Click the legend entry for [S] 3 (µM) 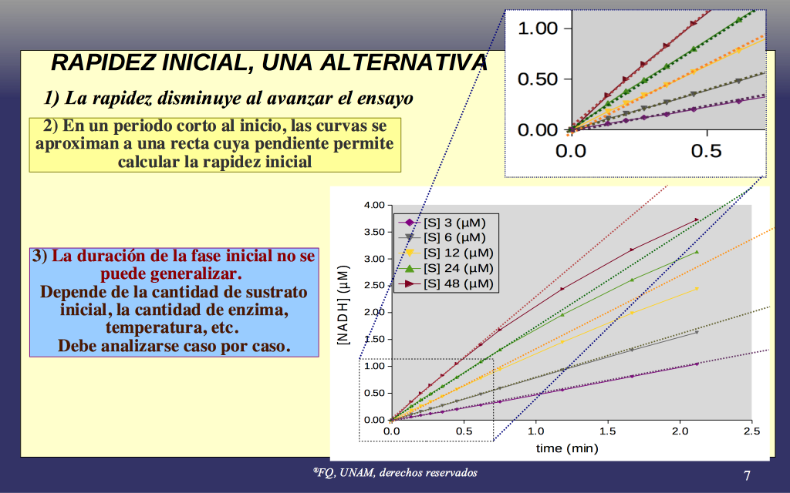pos(442,223)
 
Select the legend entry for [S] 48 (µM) pos(445,283)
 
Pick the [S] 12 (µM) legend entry pos(445,253)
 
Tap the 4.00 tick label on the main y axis pos(374,205)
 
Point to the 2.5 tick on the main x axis pos(751,431)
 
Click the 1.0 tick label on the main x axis pos(535,431)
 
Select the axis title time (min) pos(567,448)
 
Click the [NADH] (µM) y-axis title pos(343,305)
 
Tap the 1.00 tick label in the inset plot pos(538,29)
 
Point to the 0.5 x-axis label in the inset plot pos(707,151)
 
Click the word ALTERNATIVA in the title pos(403,63)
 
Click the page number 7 pos(747,475)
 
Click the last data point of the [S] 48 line pos(697,220)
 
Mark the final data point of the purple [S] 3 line pos(697,364)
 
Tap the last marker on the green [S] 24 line pos(697,252)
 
